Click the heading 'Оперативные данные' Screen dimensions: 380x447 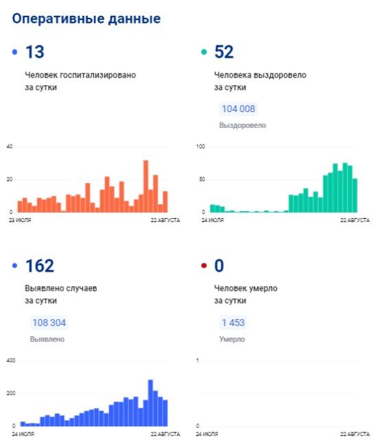87,19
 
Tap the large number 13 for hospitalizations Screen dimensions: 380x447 35,52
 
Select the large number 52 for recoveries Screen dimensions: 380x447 224,52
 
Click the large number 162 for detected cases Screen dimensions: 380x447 40,265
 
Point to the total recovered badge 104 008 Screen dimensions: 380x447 238,109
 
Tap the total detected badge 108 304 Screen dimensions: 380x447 49,323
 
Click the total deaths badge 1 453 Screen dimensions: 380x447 233,323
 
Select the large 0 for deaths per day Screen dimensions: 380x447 219,265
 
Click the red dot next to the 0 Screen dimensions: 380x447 204,265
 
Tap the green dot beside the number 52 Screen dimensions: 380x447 204,52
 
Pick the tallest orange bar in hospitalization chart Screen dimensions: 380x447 146,186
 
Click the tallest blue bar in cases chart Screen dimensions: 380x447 150,403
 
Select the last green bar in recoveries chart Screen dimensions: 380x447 355,195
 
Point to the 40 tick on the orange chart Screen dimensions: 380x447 10,146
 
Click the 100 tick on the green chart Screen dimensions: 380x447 201,146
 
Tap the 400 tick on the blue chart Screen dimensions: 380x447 11,360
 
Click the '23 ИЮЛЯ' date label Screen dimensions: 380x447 20,220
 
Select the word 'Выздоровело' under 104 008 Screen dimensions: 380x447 243,125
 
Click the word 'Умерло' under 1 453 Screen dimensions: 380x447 232,339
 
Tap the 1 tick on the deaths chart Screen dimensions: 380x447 197,360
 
